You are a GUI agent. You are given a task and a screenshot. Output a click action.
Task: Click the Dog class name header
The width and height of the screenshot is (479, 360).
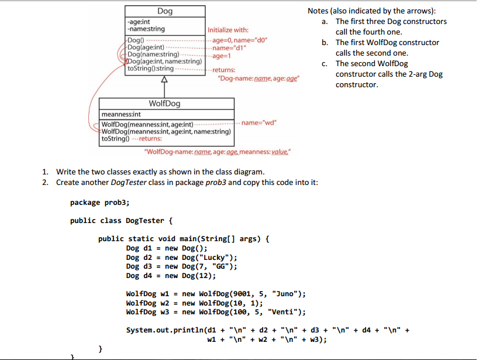pos(164,11)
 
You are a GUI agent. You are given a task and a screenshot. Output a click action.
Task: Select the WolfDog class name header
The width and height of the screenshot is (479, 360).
pos(164,104)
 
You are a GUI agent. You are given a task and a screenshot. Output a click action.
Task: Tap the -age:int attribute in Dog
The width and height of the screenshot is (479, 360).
pos(139,21)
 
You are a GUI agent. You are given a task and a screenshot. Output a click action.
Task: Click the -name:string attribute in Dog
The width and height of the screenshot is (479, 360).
pos(146,29)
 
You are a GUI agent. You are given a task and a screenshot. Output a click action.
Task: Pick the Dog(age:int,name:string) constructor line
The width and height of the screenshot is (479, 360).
pos(164,61)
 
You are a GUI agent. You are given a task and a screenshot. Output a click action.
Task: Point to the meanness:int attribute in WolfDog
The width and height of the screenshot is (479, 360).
pos(122,115)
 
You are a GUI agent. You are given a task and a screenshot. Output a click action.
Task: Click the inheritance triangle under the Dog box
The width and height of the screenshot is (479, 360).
pos(164,80)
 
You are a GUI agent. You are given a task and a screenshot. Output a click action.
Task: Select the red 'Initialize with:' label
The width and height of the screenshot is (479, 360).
pos(229,30)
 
